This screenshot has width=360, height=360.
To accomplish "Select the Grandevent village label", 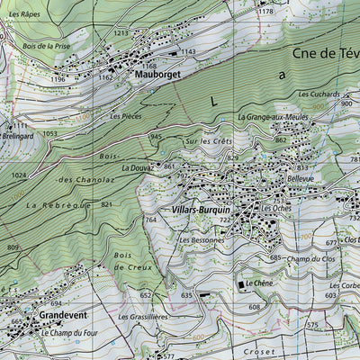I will pos(62,317).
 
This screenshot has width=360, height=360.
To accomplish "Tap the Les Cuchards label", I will pos(319,94).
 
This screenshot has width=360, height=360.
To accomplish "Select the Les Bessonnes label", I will pos(201,241).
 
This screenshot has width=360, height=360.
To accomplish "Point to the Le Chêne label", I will pos(259,285).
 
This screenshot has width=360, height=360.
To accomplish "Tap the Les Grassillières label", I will pos(143,317).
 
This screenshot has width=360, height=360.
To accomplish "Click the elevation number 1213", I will pos(121,33).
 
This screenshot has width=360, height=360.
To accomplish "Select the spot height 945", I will pos(155,136).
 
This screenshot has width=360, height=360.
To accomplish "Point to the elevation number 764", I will pos(150,219).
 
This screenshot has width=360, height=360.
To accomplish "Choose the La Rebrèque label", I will pos(58,206).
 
